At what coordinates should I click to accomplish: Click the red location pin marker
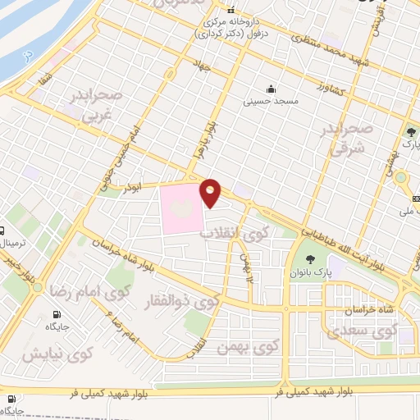pyautogui.click(x=212, y=192)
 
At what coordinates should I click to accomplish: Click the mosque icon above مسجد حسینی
pyautogui.click(x=271, y=89)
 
